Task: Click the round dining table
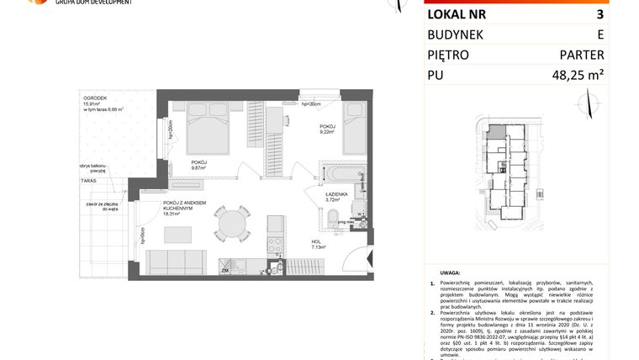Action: pyautogui.click(x=231, y=223)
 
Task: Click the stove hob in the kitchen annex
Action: pyautogui.click(x=275, y=246)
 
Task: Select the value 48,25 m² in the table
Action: pyautogui.click(x=574, y=76)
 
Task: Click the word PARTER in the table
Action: pyautogui.click(x=581, y=55)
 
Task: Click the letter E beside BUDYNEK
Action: pyautogui.click(x=599, y=34)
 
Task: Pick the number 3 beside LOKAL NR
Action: pyautogui.click(x=599, y=13)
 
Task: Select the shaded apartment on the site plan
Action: pyautogui.click(x=499, y=132)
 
